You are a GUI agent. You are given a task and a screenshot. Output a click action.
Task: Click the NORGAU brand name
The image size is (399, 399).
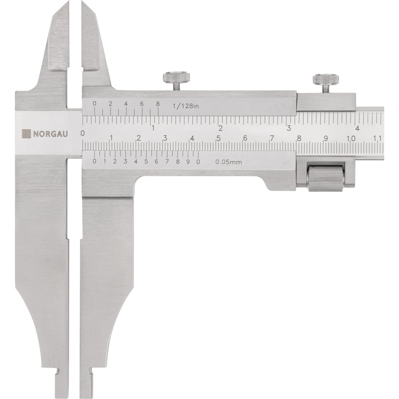click(50, 134)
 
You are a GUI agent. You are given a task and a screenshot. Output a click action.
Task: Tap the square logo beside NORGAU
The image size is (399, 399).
click(26, 134)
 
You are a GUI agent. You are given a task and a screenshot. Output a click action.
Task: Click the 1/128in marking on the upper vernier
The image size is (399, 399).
click(186, 106)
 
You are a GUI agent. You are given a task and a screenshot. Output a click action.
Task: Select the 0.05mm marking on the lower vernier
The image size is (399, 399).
click(229, 162)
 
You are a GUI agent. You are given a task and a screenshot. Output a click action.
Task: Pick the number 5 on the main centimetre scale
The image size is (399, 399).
click(218, 138)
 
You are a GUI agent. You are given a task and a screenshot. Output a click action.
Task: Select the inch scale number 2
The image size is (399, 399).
click(220, 128)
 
